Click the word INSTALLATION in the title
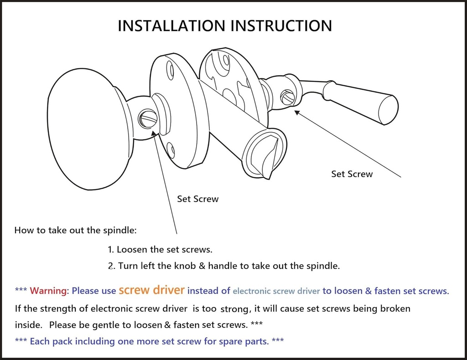point(171,26)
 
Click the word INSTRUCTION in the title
point(281,26)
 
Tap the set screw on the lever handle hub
point(288,98)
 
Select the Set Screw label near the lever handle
point(352,174)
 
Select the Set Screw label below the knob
point(198,199)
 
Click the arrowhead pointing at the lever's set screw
point(296,113)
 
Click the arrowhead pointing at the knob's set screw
point(154,133)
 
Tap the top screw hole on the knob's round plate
point(171,71)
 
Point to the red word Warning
point(48,291)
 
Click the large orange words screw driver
point(151,289)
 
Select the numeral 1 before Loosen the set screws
point(110,249)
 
